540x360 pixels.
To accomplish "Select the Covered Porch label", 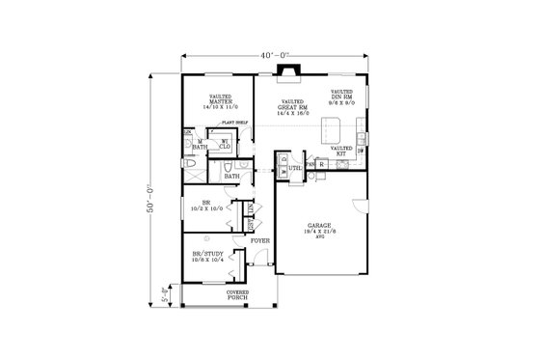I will [x=237, y=295].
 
